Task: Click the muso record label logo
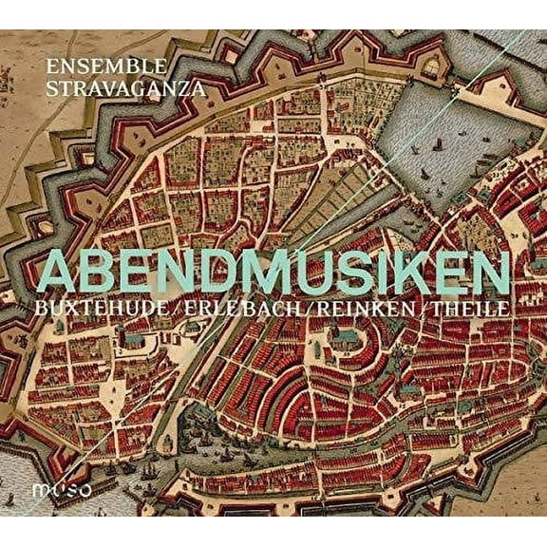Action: coord(75,493)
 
